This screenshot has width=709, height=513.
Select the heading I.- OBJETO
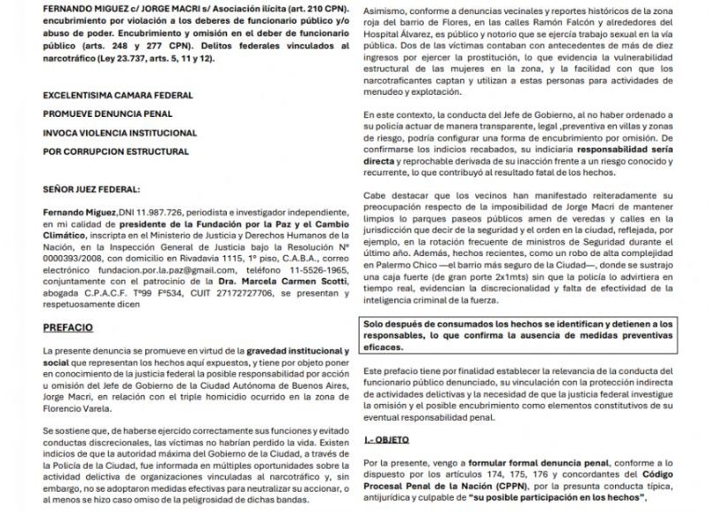389,439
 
